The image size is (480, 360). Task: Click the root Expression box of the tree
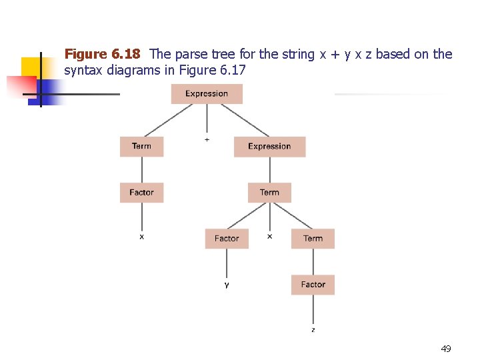207,94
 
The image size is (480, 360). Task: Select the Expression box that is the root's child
269,147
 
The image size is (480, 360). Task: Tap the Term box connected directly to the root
141,147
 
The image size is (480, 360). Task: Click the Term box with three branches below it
269,193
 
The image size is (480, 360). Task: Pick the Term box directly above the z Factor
313,239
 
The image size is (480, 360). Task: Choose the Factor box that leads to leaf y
227,239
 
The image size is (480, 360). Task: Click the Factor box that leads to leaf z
313,285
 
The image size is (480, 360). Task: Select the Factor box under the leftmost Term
141,193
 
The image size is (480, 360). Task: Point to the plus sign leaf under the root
207,140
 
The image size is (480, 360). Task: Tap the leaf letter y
227,285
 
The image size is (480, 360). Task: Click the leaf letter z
313,330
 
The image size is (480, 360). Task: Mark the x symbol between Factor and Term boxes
269,236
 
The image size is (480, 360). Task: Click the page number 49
446,349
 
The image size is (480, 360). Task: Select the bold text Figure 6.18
102,54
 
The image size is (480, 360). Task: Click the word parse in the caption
189,54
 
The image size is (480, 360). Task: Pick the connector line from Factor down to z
313,310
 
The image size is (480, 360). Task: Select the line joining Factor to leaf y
227,264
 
